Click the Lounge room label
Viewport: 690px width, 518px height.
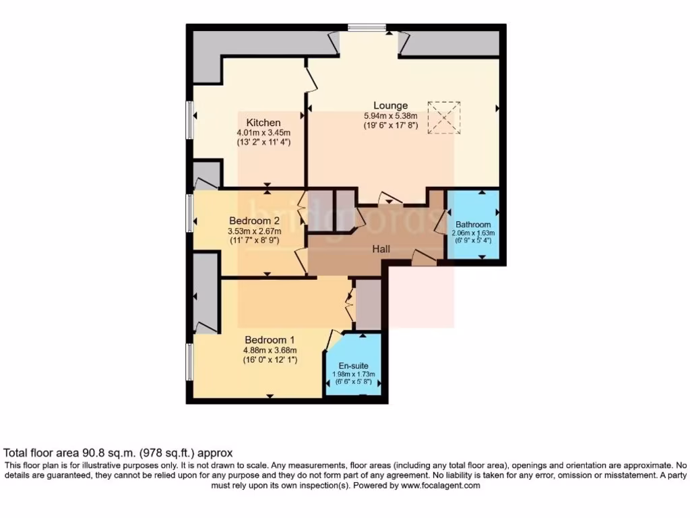pyautogui.click(x=391, y=105)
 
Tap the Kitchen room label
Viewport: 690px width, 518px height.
pyautogui.click(x=263, y=122)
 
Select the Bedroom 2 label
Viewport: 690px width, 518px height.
pyautogui.click(x=254, y=221)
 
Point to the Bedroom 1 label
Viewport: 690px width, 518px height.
pyautogui.click(x=270, y=339)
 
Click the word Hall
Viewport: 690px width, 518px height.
pyautogui.click(x=381, y=249)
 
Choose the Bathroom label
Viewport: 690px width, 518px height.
pyautogui.click(x=473, y=225)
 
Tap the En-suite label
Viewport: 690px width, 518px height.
pyautogui.click(x=353, y=366)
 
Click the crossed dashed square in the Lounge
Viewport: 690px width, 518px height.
pyautogui.click(x=444, y=118)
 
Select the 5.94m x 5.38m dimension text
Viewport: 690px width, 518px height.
pyautogui.click(x=391, y=115)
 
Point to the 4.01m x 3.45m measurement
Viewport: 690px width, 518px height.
pyautogui.click(x=263, y=132)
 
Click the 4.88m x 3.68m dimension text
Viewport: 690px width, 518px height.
pyautogui.click(x=270, y=349)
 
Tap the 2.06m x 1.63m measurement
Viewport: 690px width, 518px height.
pyautogui.click(x=473, y=233)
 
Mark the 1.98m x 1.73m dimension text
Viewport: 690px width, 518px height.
pyautogui.click(x=353, y=374)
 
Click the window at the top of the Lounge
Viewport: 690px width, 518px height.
pyautogui.click(x=367, y=28)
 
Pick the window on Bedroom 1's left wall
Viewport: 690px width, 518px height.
pyautogui.click(x=190, y=362)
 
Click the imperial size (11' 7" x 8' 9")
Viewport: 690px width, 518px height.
pyautogui.click(x=254, y=240)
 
